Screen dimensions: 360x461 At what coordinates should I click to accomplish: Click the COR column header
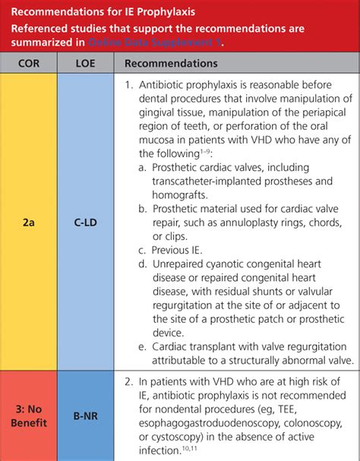(x=29, y=63)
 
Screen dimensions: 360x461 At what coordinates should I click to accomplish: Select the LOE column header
(x=85, y=63)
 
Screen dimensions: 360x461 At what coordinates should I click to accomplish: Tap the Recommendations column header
(x=171, y=63)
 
